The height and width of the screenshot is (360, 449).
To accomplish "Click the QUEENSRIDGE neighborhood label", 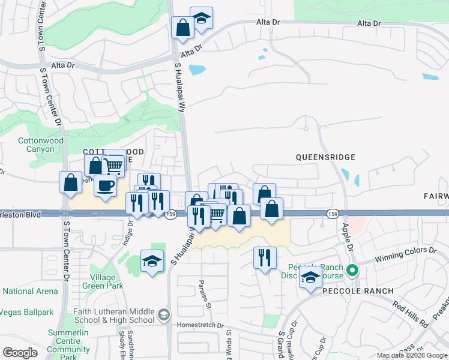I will (x=325, y=157).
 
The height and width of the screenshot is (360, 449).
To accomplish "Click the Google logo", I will (x=20, y=353).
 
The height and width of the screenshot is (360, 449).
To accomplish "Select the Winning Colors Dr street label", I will (x=406, y=254).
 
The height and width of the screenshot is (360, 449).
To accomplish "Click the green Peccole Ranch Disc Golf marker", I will (x=353, y=270).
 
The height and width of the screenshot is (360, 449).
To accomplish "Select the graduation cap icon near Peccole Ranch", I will (x=310, y=277).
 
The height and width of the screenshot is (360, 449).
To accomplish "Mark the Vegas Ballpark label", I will (x=27, y=312).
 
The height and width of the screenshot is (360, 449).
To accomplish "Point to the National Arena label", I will (x=30, y=292).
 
